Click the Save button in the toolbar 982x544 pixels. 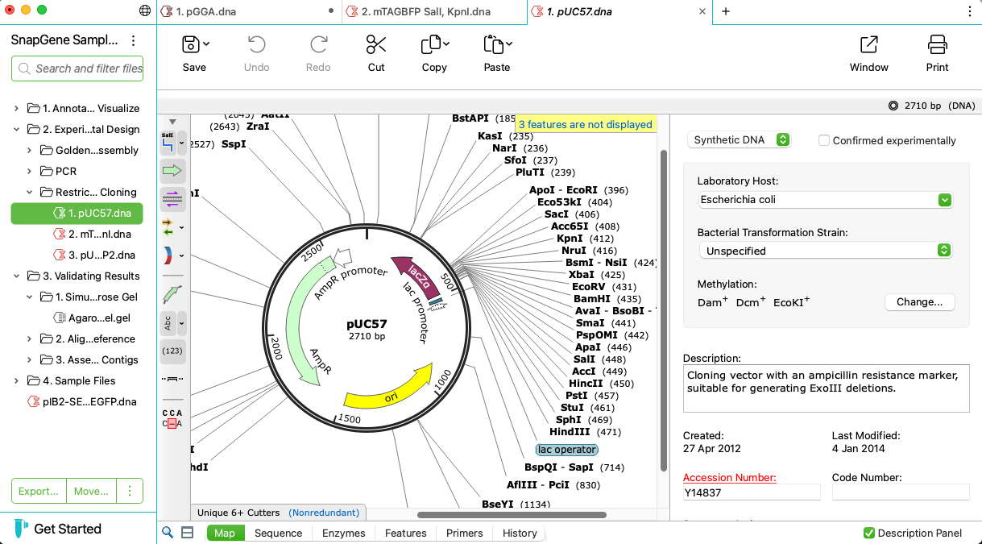click(193, 53)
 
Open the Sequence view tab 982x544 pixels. click(278, 533)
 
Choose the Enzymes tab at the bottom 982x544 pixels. click(343, 533)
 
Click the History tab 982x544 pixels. click(520, 533)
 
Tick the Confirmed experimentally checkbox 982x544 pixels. click(824, 140)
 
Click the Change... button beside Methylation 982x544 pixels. click(919, 302)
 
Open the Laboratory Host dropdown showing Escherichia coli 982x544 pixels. click(825, 200)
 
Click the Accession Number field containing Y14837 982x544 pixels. click(751, 492)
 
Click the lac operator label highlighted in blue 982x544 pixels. click(567, 450)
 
